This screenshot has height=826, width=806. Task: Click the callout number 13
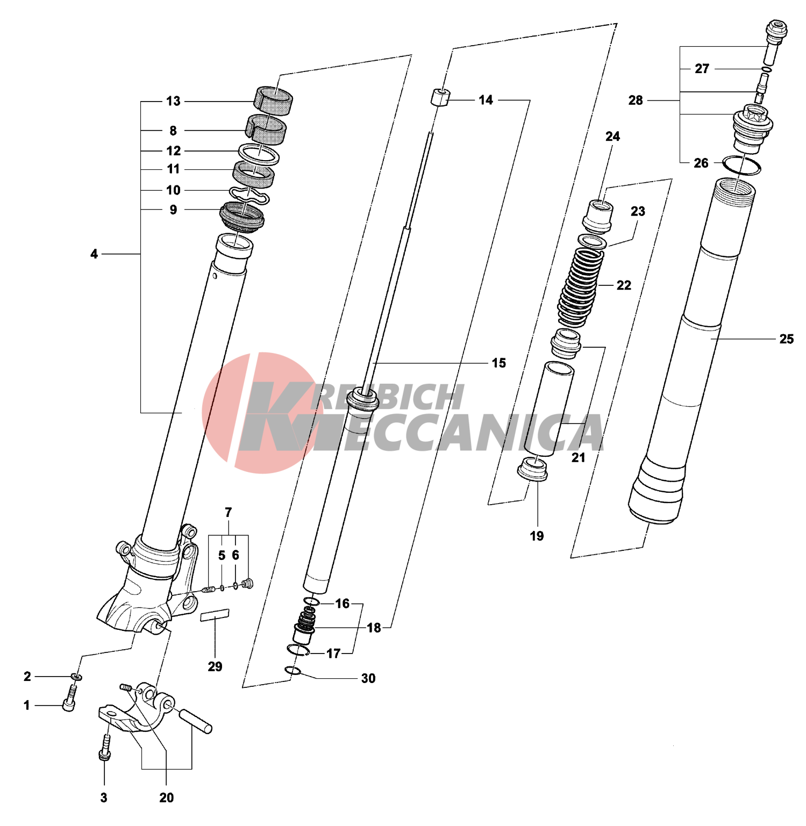(x=173, y=101)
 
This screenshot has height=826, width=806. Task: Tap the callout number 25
(x=786, y=339)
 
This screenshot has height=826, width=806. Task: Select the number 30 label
(x=368, y=678)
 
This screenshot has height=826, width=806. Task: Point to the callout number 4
(x=94, y=254)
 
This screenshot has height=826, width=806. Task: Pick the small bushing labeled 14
(x=440, y=98)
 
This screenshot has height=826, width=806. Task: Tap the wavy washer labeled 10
(x=249, y=195)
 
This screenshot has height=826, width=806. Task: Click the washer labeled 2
(x=76, y=676)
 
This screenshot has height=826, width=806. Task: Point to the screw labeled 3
(x=105, y=749)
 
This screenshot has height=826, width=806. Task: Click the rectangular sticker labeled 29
(x=215, y=615)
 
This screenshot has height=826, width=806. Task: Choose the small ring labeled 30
(x=293, y=670)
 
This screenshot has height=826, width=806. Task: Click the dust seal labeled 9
(x=242, y=216)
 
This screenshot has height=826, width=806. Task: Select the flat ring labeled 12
(x=259, y=155)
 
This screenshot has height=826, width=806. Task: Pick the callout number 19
(x=537, y=536)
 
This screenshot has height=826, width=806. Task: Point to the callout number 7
(x=229, y=512)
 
